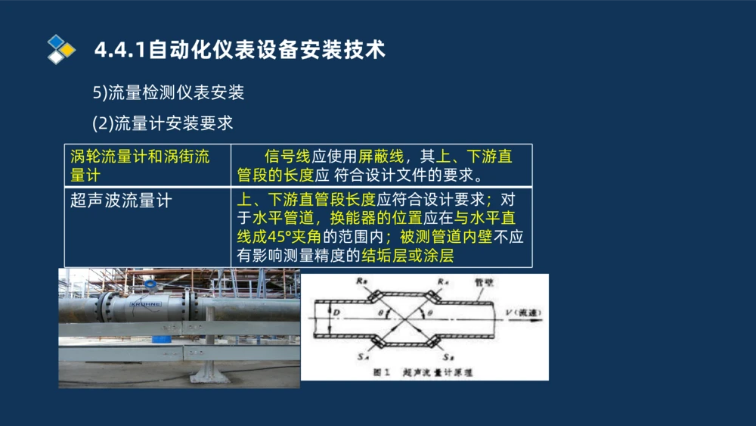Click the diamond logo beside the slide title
pos(60,49)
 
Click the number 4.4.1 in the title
pos(121,50)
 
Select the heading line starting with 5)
pos(168,93)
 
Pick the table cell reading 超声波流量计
pos(121,201)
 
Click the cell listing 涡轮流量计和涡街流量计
pos(140,166)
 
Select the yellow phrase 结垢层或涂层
pos(407,256)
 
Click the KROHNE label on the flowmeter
pos(148,304)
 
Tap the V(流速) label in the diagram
pos(521,311)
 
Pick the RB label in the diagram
pos(366,280)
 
